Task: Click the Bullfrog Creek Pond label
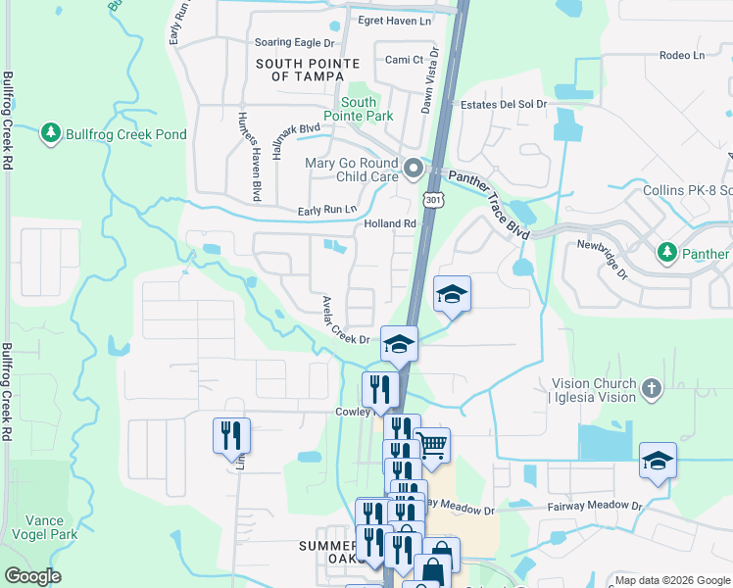pos(125,133)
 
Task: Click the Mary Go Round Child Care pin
pos(414,169)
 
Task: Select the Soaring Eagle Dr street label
pos(294,43)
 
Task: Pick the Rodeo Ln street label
pos(682,55)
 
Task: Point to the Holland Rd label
pos(391,223)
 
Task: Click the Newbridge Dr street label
pos(601,258)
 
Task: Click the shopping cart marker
pos(432,445)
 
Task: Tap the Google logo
pos(32,576)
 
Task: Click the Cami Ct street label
pos(404,60)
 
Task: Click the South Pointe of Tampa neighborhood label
pos(300,69)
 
